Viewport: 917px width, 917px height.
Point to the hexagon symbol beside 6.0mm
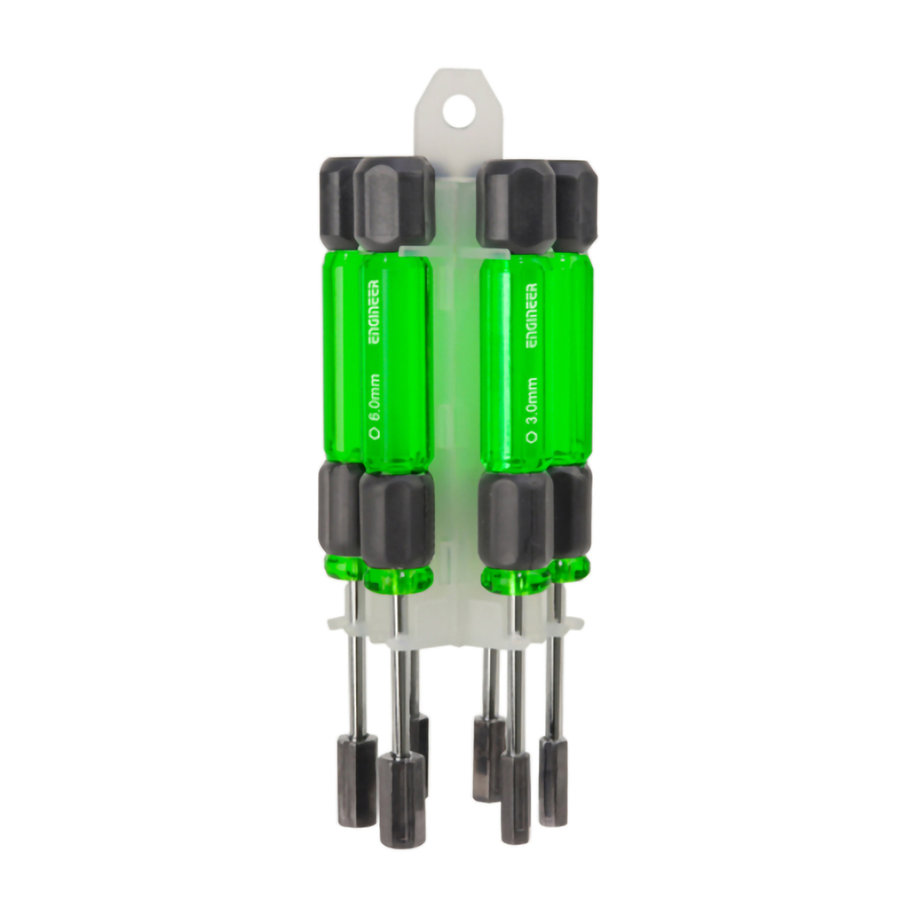tap(375, 433)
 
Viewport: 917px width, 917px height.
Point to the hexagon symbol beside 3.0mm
tap(532, 435)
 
